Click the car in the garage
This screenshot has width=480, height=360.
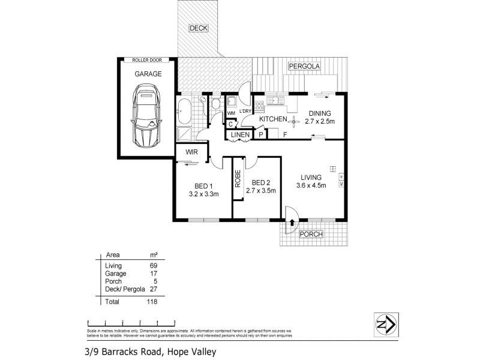(x=146, y=116)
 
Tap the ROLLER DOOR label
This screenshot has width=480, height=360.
(x=147, y=60)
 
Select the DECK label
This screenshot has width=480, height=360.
(x=198, y=28)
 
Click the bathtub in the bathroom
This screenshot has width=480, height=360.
(x=183, y=108)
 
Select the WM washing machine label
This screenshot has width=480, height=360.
(x=231, y=113)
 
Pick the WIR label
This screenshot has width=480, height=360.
(x=191, y=153)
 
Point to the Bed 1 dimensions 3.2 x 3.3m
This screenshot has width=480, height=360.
(x=203, y=194)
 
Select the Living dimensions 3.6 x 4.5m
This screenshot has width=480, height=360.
(x=312, y=185)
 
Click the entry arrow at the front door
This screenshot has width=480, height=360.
(x=292, y=222)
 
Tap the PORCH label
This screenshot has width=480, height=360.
(x=311, y=234)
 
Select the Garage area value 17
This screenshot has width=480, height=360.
(x=153, y=273)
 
